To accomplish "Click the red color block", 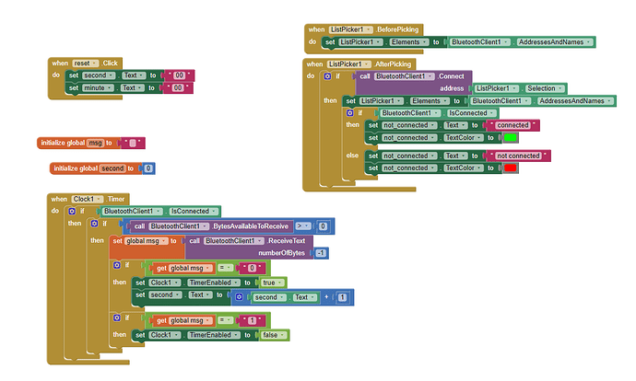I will pyautogui.click(x=510, y=168).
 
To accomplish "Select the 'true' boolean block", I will pyautogui.click(x=270, y=283).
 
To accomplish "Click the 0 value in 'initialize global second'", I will pyautogui.click(x=148, y=168).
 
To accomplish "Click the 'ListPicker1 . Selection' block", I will pyautogui.click(x=515, y=87).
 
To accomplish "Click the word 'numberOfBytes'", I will pyautogui.click(x=283, y=252).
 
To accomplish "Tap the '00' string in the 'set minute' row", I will pyautogui.click(x=181, y=87).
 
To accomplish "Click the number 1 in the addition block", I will pyautogui.click(x=343, y=298).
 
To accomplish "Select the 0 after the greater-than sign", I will pyautogui.click(x=323, y=225).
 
